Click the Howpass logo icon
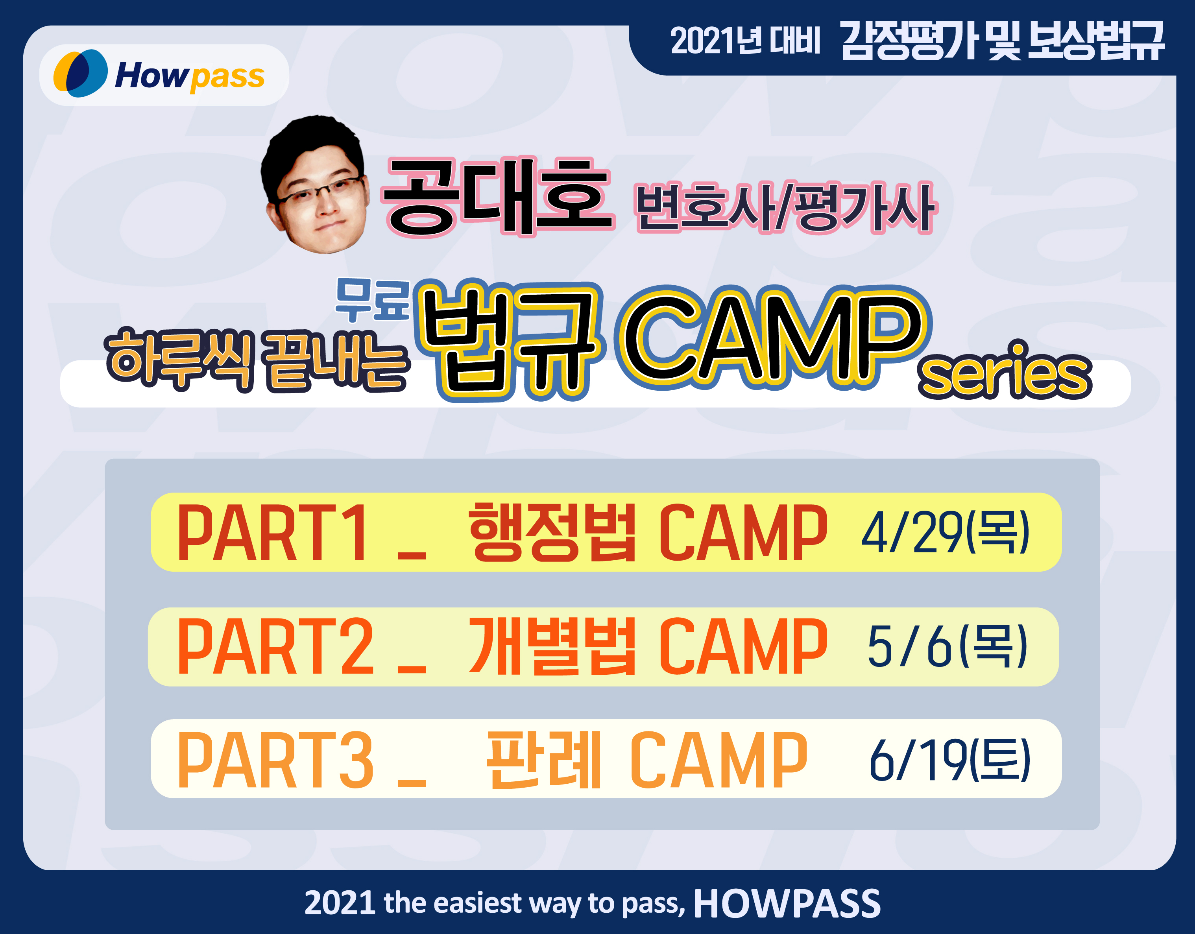pyautogui.click(x=80, y=73)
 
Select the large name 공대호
pyautogui.click(x=499, y=198)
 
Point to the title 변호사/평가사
pyautogui.click(x=785, y=207)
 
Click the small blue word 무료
pyautogui.click(x=373, y=299)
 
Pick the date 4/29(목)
pyautogui.click(x=946, y=532)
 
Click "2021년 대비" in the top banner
pyautogui.click(x=745, y=41)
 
